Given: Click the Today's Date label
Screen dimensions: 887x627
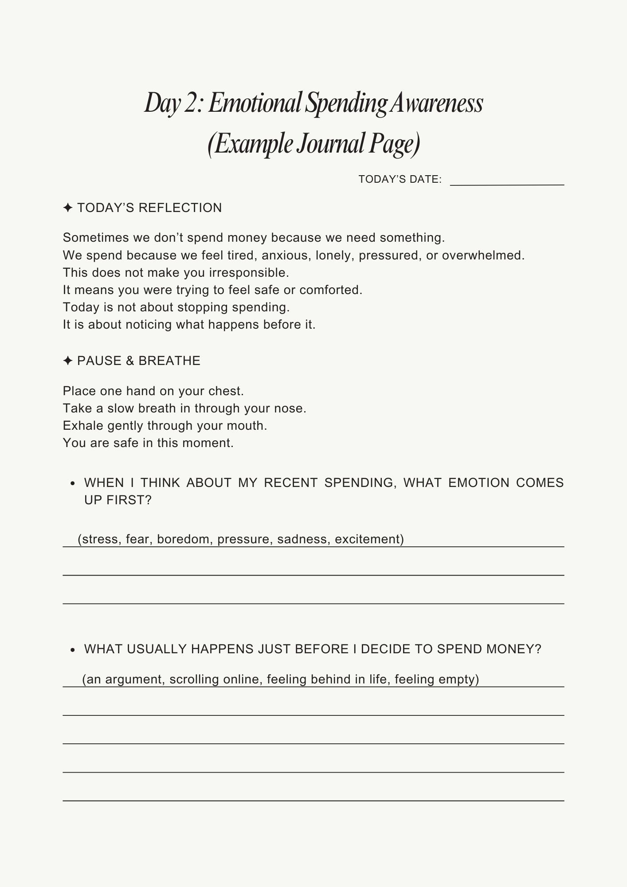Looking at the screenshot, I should click(400, 179).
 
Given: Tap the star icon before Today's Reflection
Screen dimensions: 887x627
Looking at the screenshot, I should click(68, 208).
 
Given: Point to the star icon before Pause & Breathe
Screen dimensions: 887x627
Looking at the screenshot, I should click(68, 361).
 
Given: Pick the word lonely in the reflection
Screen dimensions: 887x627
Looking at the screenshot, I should click(333, 255).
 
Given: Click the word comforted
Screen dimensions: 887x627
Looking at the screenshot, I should click(331, 290).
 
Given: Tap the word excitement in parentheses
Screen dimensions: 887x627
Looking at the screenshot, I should click(369, 539).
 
